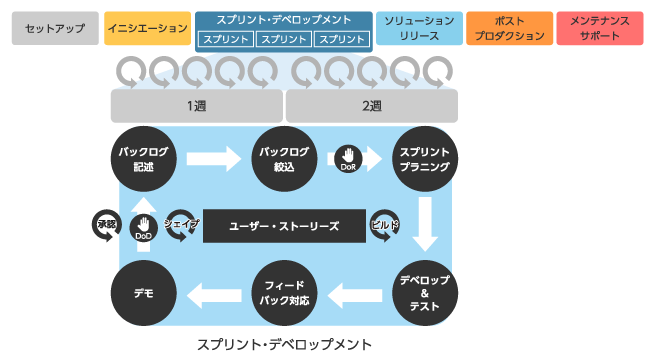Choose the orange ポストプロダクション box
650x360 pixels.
coord(509,29)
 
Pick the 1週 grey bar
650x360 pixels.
coord(196,105)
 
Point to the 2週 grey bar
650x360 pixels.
coord(371,105)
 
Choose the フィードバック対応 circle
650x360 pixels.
coord(284,292)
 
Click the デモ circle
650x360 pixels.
coord(142,292)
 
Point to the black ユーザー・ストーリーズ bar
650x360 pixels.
coord(284,226)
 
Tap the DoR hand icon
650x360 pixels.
coord(348,157)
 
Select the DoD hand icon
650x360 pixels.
coord(143,227)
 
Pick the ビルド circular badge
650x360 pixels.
coord(384,226)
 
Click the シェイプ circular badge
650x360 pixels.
coord(181,225)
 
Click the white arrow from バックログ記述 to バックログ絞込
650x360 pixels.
coord(214,158)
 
